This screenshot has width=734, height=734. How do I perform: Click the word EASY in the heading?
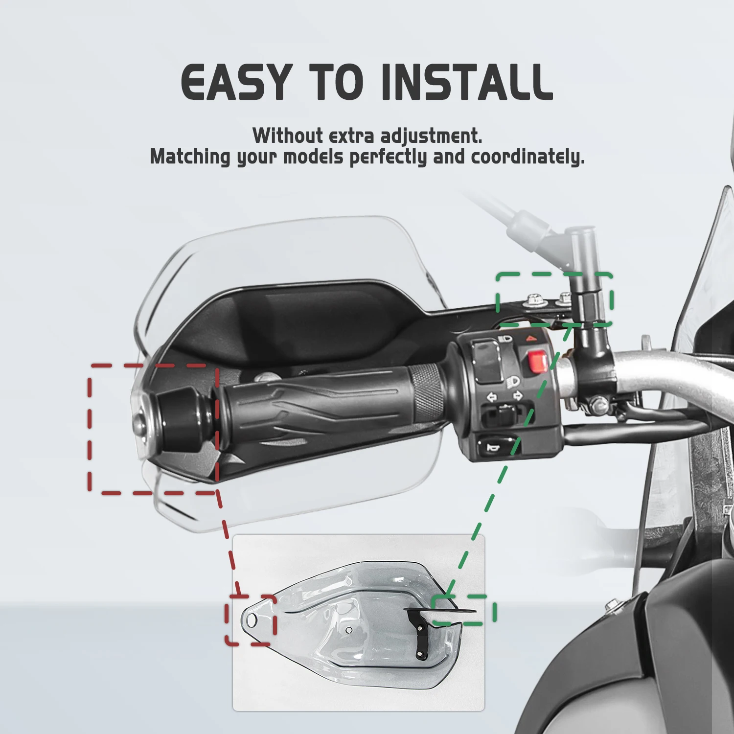(x=236, y=82)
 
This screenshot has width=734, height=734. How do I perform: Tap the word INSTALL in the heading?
(x=467, y=82)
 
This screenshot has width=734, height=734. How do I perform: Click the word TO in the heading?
(x=336, y=82)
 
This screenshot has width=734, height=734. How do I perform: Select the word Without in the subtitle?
(x=288, y=136)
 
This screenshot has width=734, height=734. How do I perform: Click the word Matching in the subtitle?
(x=190, y=158)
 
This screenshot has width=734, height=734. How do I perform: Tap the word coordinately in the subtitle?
(x=528, y=157)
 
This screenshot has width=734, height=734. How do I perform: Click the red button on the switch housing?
(x=538, y=362)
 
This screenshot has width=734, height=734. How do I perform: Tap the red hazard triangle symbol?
(x=531, y=338)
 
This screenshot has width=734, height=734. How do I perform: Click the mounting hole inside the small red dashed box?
(x=252, y=621)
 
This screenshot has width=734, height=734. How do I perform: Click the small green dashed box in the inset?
(x=464, y=610)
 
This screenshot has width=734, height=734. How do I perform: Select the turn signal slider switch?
(x=504, y=416)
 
